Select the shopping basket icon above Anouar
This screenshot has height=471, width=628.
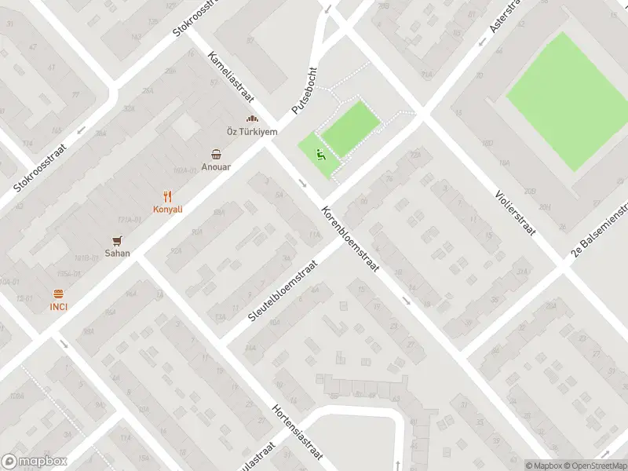click(x=215, y=154)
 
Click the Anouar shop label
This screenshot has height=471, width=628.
click(x=215, y=166)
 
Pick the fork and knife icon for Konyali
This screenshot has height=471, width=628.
click(x=167, y=196)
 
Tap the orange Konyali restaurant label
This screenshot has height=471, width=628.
click(x=167, y=210)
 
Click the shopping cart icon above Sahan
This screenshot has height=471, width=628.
click(x=118, y=240)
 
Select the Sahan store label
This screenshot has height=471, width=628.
click(x=118, y=254)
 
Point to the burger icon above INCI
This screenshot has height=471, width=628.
click(x=58, y=294)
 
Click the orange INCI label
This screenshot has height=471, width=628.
click(x=58, y=306)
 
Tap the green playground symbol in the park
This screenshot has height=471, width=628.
click(x=319, y=155)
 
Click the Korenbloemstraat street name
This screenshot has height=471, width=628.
click(x=350, y=240)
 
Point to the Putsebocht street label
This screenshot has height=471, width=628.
click(x=304, y=91)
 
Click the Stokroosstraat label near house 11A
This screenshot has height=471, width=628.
click(x=42, y=167)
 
